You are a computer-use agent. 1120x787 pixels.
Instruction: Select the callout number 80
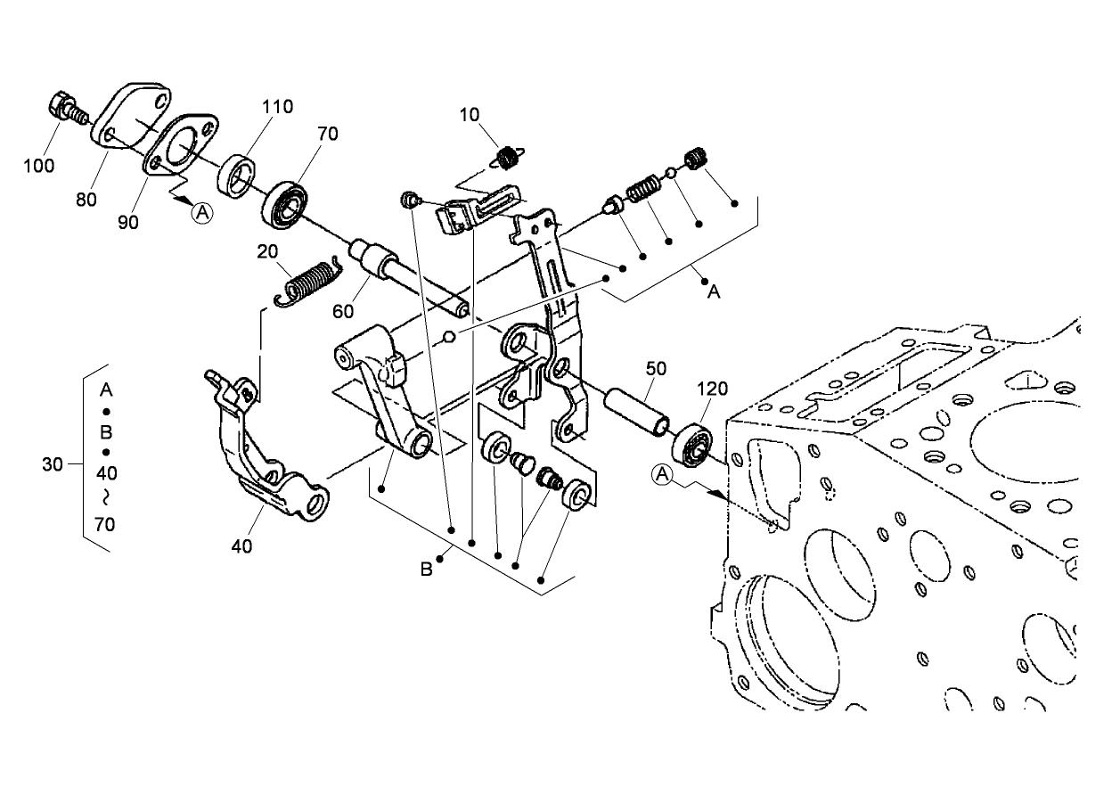tap(86, 200)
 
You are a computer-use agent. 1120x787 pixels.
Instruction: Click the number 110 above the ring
tap(276, 107)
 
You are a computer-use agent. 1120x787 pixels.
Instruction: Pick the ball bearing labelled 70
tap(284, 204)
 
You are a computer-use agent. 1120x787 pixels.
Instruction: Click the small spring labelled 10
tap(508, 159)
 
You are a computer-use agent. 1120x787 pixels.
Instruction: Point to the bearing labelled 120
tap(693, 444)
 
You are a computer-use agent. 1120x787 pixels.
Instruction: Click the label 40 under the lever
tap(241, 545)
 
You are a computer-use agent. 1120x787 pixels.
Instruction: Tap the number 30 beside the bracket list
tap(53, 464)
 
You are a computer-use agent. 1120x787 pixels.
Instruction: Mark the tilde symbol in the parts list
tap(105, 497)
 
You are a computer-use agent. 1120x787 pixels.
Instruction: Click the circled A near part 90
tap(204, 212)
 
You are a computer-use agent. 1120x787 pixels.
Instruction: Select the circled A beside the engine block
tap(661, 476)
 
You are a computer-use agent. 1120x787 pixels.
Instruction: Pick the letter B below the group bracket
tap(427, 569)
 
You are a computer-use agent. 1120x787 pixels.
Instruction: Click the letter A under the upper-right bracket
tap(713, 291)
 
